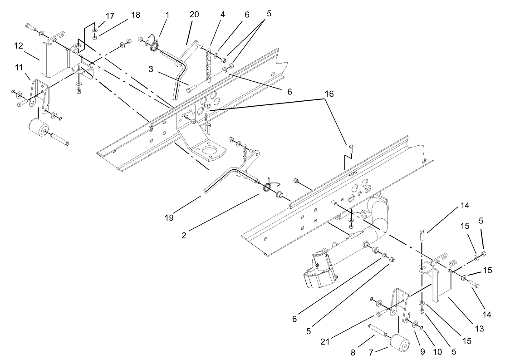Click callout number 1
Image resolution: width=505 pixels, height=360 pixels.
point(167,15)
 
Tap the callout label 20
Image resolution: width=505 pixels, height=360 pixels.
point(195,15)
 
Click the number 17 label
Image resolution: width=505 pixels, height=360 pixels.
point(110,15)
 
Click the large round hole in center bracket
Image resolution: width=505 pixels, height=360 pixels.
point(208,150)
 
